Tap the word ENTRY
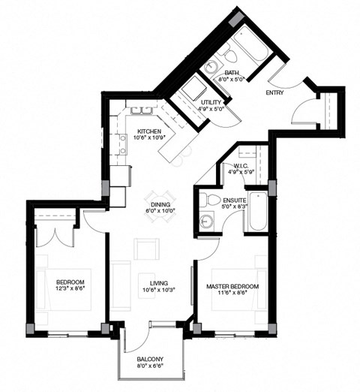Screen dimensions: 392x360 pyautogui.click(x=276, y=93)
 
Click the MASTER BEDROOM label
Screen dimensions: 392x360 pyautogui.click(x=232, y=286)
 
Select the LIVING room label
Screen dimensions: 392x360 pyautogui.click(x=158, y=283)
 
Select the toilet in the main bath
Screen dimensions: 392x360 pyautogui.click(x=230, y=56)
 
